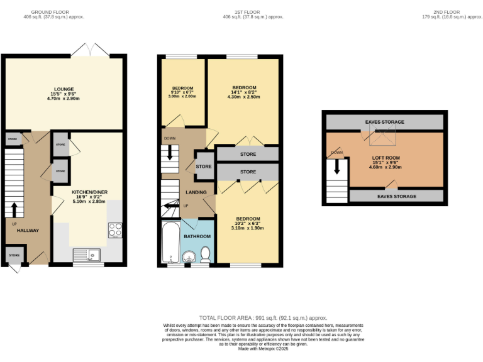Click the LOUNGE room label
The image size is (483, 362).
point(64,89)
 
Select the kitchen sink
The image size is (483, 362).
point(86,255)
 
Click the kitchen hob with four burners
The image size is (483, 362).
point(115,230)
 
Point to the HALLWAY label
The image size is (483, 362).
point(28,231)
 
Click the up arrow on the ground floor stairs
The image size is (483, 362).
point(14,208)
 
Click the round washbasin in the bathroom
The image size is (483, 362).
point(189,256)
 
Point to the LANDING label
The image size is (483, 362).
point(197,192)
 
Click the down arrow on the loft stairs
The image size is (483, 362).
point(337,165)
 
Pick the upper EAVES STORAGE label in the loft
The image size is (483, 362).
point(384,122)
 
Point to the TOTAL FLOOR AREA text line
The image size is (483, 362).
point(263,318)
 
